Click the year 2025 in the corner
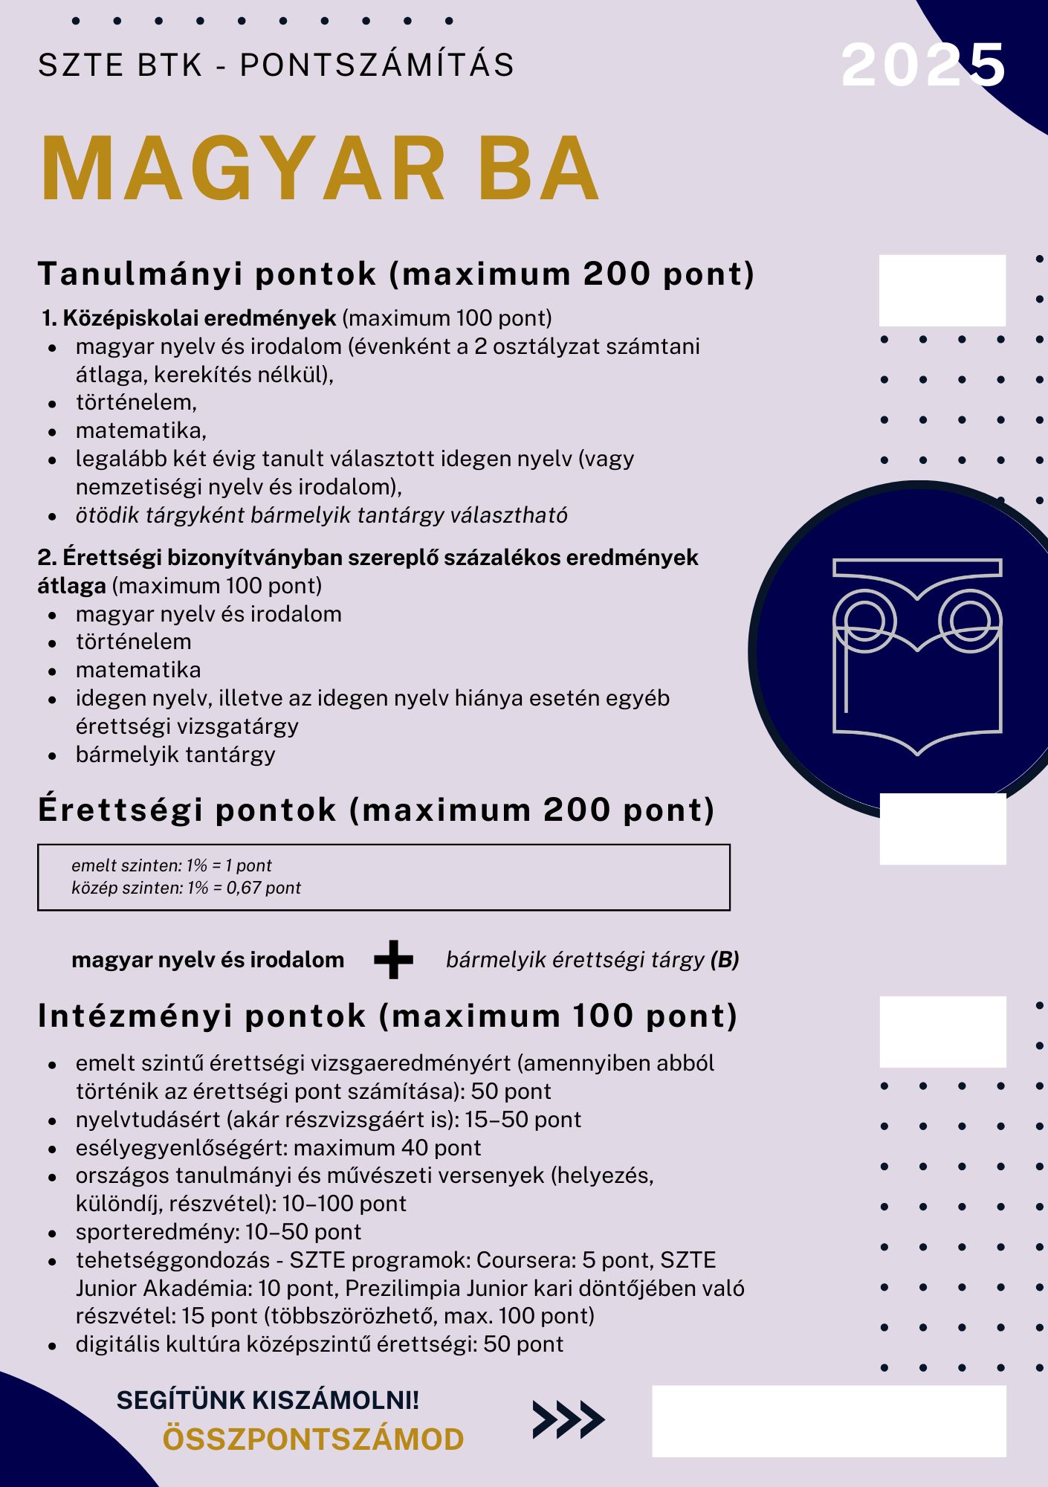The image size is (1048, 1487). pos(923,65)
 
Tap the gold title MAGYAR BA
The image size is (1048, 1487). pos(320,170)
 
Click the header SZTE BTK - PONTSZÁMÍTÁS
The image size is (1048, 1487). pos(276,65)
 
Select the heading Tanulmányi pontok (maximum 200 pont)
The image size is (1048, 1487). pos(396,274)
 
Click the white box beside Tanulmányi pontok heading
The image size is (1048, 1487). pos(942,291)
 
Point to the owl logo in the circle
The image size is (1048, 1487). pos(917,654)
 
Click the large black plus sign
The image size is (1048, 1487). pos(393,960)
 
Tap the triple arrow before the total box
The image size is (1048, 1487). pos(568,1419)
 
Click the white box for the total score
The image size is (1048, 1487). pos(829,1421)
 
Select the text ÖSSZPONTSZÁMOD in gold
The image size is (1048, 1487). pos(313,1439)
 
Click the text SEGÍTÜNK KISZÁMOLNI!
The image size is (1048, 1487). pos(268,1400)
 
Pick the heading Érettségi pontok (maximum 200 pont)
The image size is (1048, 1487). pos(376,810)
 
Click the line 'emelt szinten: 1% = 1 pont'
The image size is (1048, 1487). pos(172,865)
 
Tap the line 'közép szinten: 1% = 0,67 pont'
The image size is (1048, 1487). pos(186,888)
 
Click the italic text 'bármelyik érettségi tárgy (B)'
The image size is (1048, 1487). pos(592,960)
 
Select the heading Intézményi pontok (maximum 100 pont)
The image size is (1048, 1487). pos(387,1016)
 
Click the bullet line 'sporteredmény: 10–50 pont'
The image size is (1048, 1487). pos(219,1232)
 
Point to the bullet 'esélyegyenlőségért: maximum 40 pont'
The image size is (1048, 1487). pos(278,1148)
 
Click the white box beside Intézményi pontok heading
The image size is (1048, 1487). pos(942,1032)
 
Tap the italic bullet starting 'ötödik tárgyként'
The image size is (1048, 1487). pos(321,515)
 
